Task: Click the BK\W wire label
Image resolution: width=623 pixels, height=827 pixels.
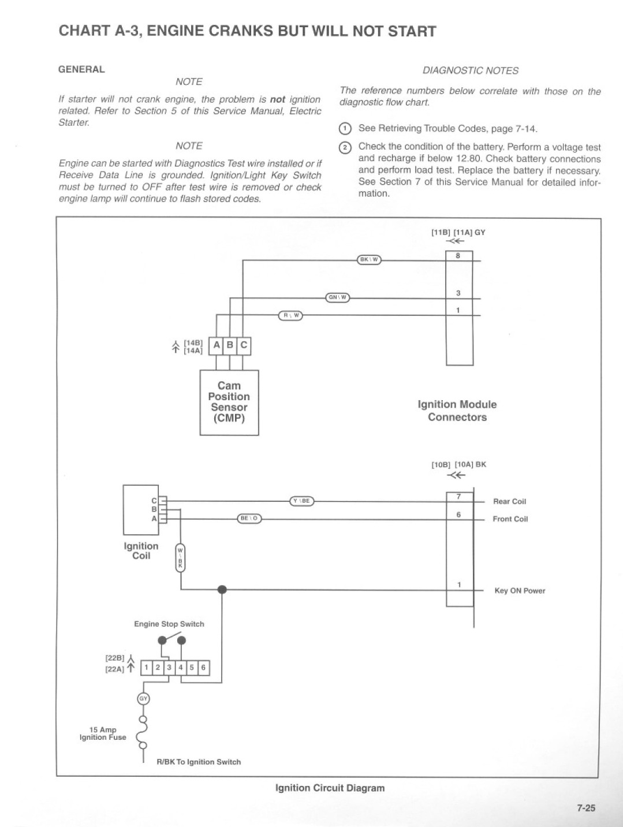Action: (x=369, y=259)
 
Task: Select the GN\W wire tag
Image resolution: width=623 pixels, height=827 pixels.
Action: (x=338, y=297)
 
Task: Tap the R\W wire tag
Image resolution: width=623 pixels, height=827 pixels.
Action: (x=290, y=315)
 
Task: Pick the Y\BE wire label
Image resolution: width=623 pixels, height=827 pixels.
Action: (x=301, y=501)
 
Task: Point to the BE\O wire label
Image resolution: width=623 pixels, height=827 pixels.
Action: (x=249, y=519)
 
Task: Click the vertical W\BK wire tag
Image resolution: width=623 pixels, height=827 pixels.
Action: (x=180, y=558)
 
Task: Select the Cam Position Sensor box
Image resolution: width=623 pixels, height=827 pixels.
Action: (x=229, y=403)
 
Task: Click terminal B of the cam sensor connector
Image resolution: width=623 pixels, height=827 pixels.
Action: (x=230, y=345)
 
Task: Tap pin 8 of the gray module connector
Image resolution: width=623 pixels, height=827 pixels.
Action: (x=459, y=256)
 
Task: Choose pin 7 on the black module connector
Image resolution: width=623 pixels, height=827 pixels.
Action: (x=460, y=497)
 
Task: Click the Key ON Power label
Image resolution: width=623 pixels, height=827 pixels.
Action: (x=520, y=591)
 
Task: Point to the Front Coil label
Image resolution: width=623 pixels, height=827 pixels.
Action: (x=510, y=519)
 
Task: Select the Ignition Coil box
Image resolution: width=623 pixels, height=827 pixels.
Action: (x=140, y=510)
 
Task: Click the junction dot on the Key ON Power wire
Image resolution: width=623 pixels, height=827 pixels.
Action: (x=222, y=590)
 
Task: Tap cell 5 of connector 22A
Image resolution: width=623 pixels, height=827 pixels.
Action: (x=192, y=668)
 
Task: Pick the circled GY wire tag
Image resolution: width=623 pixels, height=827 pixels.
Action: (x=143, y=699)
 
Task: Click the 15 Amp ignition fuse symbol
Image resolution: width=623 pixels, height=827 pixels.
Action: (x=143, y=732)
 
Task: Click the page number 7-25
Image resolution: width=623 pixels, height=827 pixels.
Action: (x=585, y=808)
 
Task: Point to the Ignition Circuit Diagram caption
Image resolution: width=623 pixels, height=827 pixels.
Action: (x=330, y=788)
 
